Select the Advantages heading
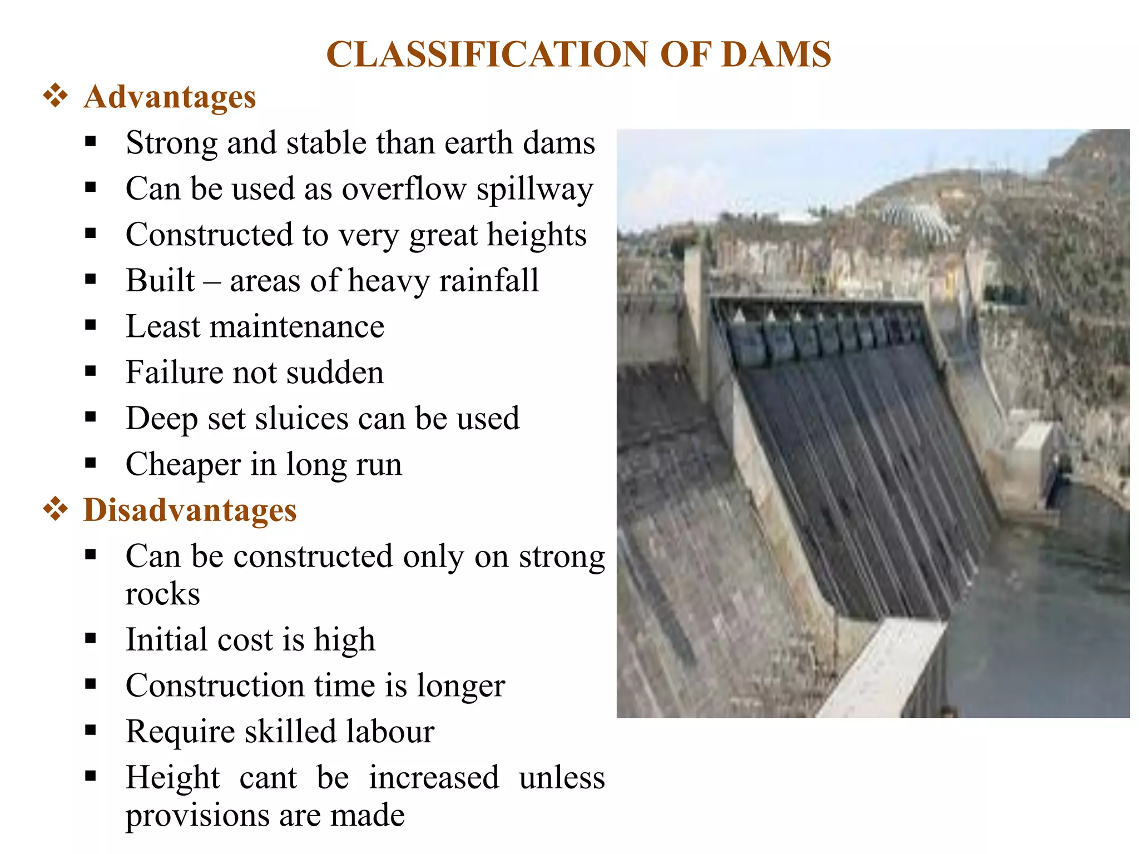click(170, 97)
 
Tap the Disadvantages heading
click(190, 510)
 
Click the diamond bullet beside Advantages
click(56, 96)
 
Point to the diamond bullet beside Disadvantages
click(56, 509)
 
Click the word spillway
click(534, 190)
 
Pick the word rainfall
click(489, 281)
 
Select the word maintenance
click(297, 327)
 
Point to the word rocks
click(162, 594)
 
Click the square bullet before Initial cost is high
click(91, 638)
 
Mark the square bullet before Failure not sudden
click(91, 371)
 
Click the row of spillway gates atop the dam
click(823, 334)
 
